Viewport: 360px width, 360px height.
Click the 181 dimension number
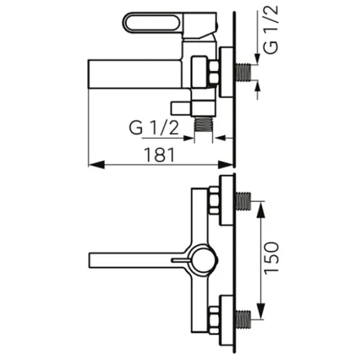[x=159, y=155]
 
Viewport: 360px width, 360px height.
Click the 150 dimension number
[x=271, y=258]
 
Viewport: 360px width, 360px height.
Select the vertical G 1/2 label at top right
[x=271, y=30]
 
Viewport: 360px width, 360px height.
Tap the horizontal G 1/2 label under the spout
[x=154, y=128]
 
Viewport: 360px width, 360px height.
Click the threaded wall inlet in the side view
[x=244, y=72]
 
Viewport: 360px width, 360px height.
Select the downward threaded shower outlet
[x=203, y=124]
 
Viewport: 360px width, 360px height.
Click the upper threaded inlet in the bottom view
[x=244, y=202]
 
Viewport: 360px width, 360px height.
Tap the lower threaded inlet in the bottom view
[x=244, y=319]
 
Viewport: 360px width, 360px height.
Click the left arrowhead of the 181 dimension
[x=97, y=164]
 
